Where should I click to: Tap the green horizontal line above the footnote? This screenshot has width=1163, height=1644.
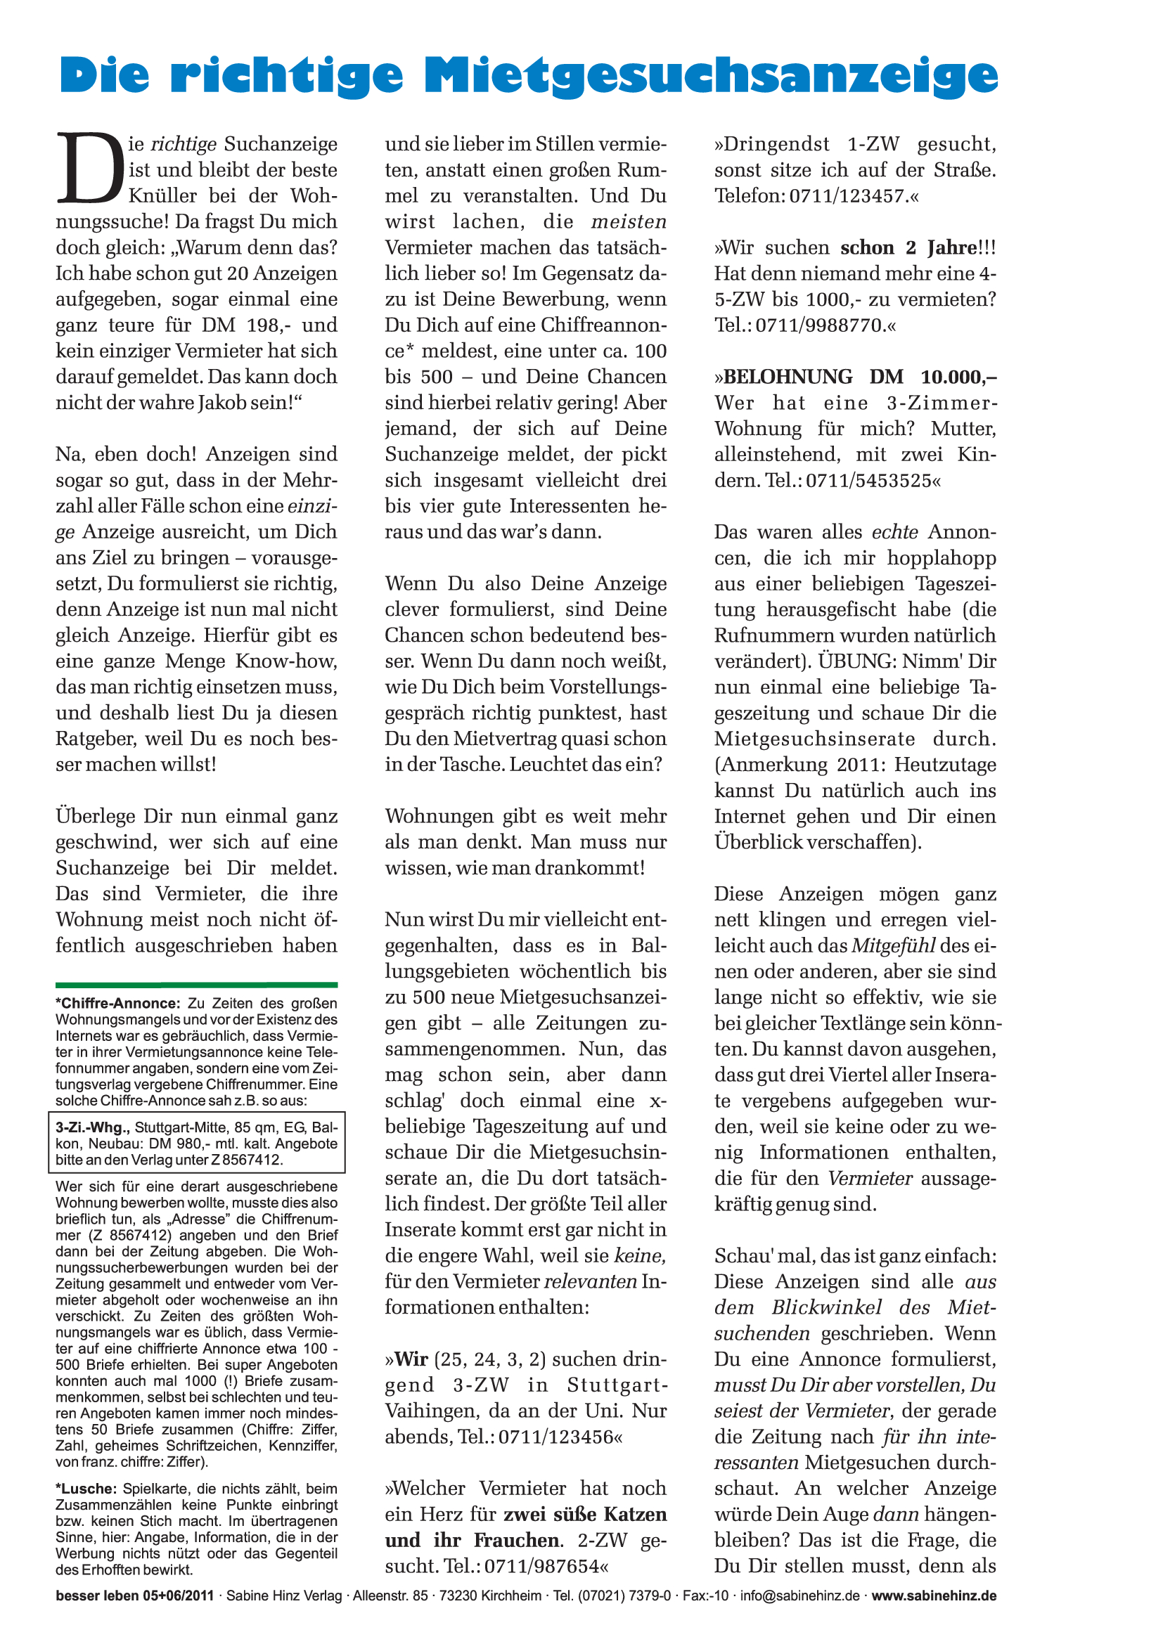click(196, 985)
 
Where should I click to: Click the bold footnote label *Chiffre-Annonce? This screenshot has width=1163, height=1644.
click(119, 1003)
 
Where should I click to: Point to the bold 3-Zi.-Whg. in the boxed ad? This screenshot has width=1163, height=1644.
click(93, 1127)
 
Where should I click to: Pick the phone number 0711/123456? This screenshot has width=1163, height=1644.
click(555, 1437)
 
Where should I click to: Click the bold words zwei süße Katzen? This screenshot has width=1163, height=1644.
click(585, 1515)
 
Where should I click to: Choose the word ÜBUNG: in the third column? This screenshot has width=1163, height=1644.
click(856, 661)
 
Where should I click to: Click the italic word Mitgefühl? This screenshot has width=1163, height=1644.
click(894, 945)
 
